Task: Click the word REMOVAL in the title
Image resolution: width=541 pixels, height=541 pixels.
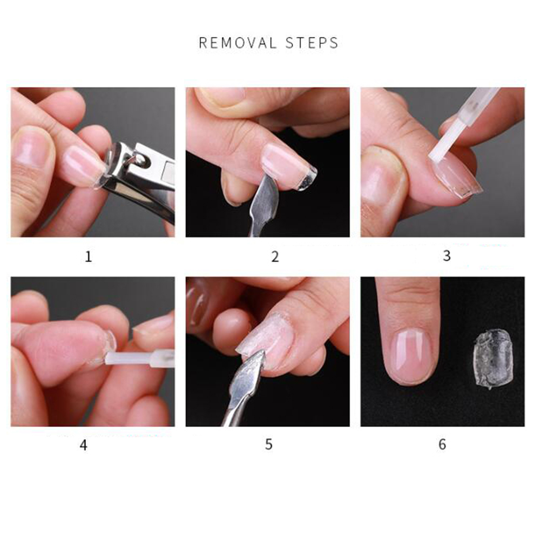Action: click(238, 43)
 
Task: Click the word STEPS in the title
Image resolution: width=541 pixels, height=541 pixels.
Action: click(312, 43)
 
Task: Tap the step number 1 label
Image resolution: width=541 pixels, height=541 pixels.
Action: click(89, 256)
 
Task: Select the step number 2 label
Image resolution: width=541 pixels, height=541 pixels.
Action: click(275, 256)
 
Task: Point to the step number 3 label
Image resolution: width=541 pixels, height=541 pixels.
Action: click(447, 256)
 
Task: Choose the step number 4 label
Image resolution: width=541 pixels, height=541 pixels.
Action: click(84, 445)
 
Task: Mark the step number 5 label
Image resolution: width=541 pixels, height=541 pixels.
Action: click(269, 444)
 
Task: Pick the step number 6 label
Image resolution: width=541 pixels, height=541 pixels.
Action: click(442, 444)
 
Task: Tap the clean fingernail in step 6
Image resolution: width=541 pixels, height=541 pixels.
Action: click(411, 356)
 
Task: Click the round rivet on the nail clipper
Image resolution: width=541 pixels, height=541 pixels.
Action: click(140, 159)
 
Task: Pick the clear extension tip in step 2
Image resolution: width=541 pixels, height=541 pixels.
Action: click(306, 178)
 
